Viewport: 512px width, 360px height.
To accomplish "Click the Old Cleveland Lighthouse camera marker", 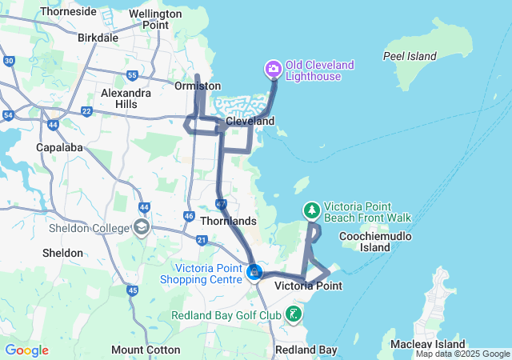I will coord(273,70).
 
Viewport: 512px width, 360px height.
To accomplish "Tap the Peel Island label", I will coord(410,57).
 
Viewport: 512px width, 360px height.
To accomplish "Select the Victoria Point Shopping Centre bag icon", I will coord(254,273).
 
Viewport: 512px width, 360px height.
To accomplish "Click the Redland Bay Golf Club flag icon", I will coord(294,314).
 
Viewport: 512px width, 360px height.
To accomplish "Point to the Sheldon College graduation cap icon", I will coord(142,228).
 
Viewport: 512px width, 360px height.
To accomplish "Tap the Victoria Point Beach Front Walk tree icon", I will coord(311,210).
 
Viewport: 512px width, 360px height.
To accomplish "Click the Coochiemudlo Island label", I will coord(365,242).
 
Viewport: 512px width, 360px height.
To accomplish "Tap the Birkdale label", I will coord(98,38).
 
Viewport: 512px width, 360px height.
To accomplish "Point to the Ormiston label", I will coord(197,86).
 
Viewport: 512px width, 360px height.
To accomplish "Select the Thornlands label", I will coord(229,221).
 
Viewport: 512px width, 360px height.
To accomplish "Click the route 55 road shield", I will coord(133,75).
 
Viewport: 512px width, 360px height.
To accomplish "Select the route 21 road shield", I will coord(202,240).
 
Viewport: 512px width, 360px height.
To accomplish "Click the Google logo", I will coord(27,350).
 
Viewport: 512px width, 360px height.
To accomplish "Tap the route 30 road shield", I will coord(9,61).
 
